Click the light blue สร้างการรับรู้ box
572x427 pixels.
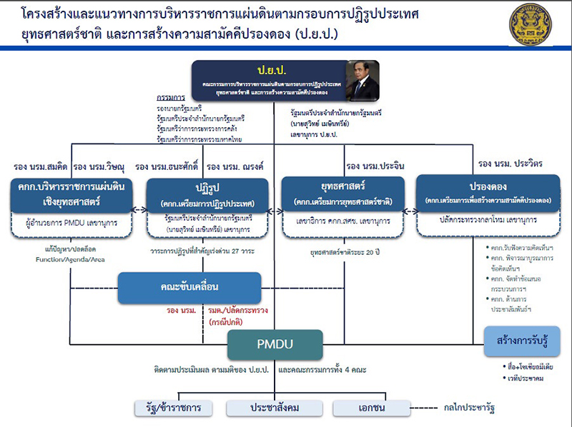tap(521, 341)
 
